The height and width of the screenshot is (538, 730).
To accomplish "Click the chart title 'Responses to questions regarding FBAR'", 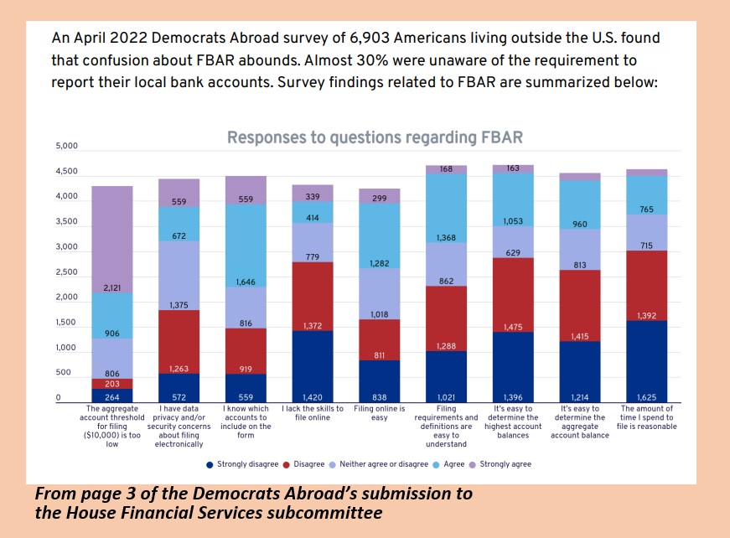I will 375,137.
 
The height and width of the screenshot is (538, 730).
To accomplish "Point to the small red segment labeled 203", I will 112,384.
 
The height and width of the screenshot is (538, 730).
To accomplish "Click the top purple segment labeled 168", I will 447,169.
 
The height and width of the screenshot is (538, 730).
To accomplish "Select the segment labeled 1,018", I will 379,294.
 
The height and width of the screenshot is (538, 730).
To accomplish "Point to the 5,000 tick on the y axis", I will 66,147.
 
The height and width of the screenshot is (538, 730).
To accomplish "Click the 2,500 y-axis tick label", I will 66,272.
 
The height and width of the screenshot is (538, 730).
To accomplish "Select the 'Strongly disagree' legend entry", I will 244,464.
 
